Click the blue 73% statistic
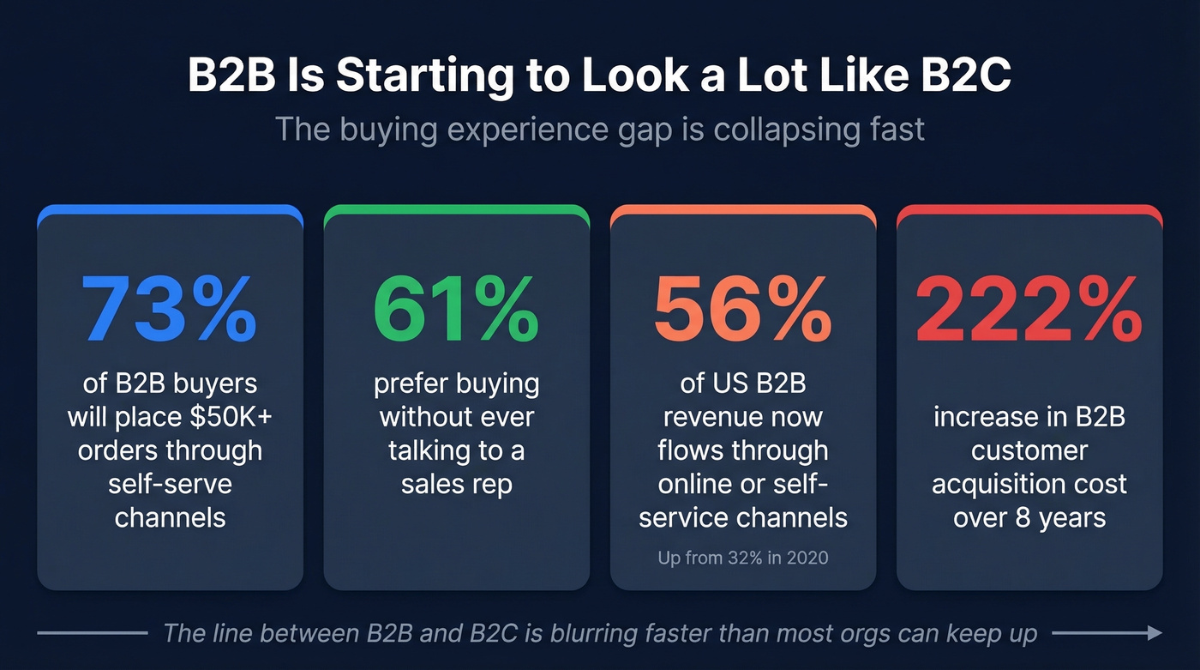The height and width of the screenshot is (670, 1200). tap(170, 310)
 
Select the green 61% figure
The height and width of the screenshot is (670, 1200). tap(456, 310)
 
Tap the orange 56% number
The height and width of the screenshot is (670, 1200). tap(742, 310)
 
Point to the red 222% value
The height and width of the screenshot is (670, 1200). tap(1029, 310)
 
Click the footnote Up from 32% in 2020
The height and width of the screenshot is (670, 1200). tap(742, 558)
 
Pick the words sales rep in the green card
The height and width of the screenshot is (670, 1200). tap(456, 484)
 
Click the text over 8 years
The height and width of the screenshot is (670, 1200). tap(1029, 517)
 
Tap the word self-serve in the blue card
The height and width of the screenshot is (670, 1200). tap(170, 484)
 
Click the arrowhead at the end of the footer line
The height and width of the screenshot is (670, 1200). tap(1155, 633)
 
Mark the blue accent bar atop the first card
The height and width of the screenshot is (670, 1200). tap(170, 209)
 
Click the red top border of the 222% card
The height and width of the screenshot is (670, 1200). tap(1029, 209)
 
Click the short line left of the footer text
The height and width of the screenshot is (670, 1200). tap(93, 633)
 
